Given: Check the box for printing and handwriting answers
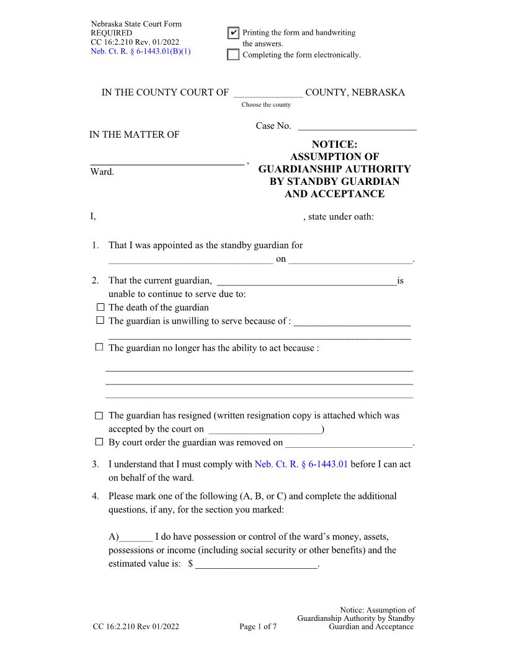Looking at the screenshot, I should click(233, 33).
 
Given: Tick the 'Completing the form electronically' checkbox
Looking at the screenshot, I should click(233, 55).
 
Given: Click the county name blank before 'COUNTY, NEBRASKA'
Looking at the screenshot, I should click(268, 93).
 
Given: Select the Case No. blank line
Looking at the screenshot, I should click(357, 127).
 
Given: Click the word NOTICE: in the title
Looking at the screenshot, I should click(334, 145).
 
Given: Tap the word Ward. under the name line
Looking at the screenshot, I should click(102, 171).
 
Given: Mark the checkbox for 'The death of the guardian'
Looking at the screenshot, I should click(100, 307).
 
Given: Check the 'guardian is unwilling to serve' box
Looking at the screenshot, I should click(100, 321).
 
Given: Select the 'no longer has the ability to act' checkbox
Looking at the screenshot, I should click(100, 347).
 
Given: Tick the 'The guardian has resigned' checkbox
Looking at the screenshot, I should click(100, 416).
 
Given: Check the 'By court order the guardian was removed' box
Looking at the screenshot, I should click(100, 442).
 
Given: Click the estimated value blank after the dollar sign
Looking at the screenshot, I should click(256, 564).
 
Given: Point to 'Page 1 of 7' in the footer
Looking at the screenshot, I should click(258, 627).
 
